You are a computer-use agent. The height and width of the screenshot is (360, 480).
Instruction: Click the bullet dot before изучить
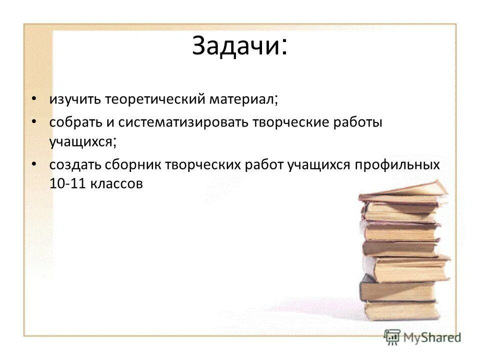tap(33, 99)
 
